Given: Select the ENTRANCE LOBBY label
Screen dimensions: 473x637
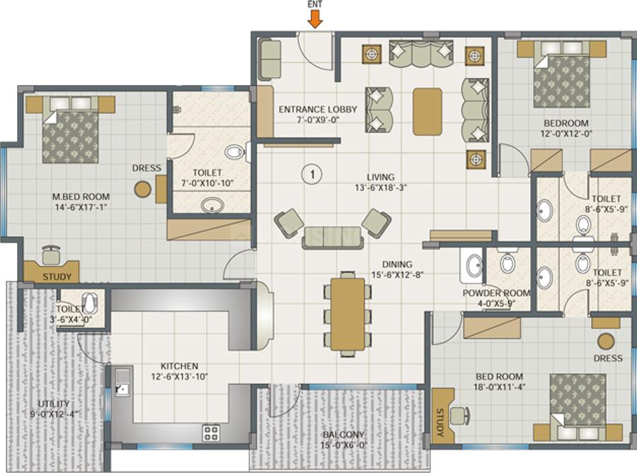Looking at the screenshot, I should (x=317, y=110).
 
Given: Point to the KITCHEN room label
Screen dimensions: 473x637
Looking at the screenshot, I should (x=179, y=366).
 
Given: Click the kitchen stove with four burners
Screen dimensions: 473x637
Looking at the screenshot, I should (x=211, y=431).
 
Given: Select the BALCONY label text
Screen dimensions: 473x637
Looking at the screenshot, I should (x=343, y=435).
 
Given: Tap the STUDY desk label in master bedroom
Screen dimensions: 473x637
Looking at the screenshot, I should (x=56, y=276).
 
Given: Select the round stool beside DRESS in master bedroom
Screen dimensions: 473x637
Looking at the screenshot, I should (x=144, y=189).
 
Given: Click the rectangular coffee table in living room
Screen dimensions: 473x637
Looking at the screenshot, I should (x=427, y=111).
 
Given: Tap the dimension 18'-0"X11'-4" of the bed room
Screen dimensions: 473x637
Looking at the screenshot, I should (x=499, y=387).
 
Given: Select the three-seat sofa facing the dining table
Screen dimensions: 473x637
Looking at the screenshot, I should (x=331, y=237).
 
